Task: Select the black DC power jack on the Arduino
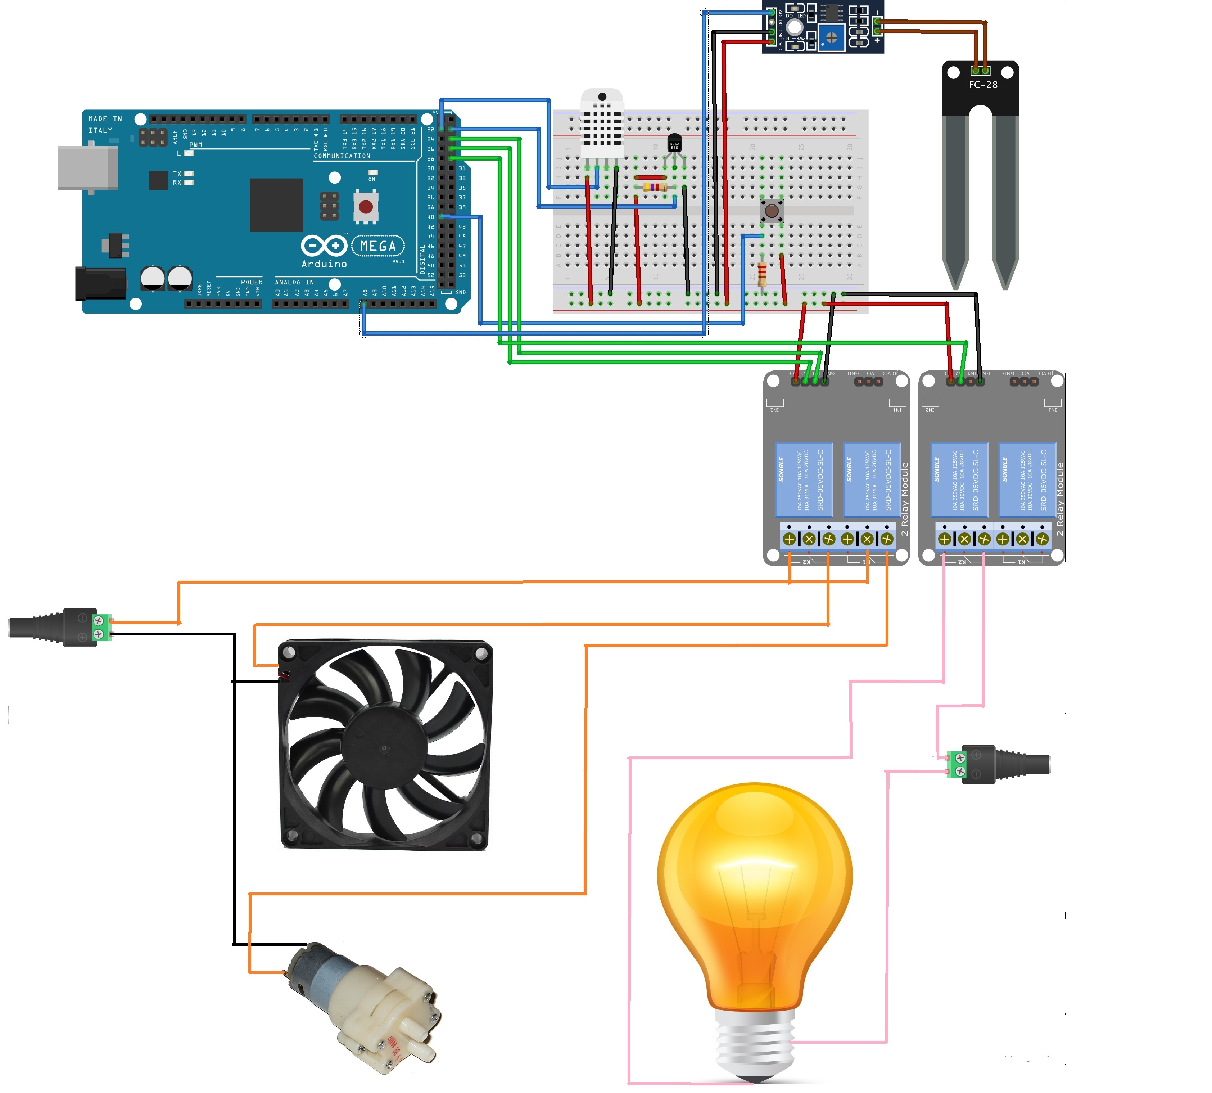100,283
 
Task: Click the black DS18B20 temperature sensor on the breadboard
674,144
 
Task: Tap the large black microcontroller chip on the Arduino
276,205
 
